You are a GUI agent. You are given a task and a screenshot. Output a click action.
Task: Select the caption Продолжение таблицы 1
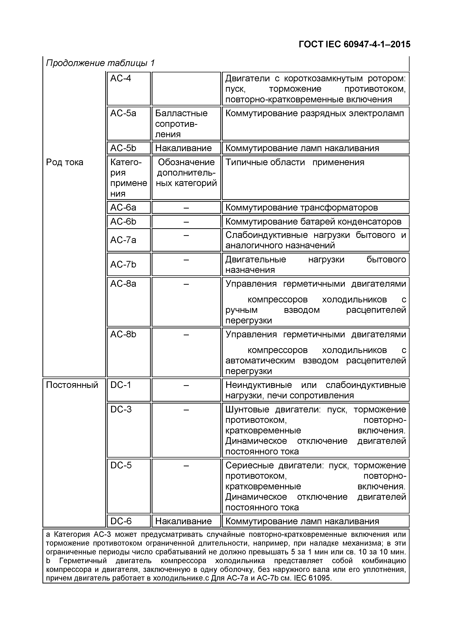point(100,63)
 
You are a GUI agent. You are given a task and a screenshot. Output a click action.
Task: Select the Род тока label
point(65,162)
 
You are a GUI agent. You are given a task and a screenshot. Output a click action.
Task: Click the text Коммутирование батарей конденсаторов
point(313,222)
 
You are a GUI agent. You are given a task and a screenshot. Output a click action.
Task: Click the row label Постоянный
point(72,385)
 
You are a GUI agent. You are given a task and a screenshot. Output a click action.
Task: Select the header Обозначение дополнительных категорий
point(186,172)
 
